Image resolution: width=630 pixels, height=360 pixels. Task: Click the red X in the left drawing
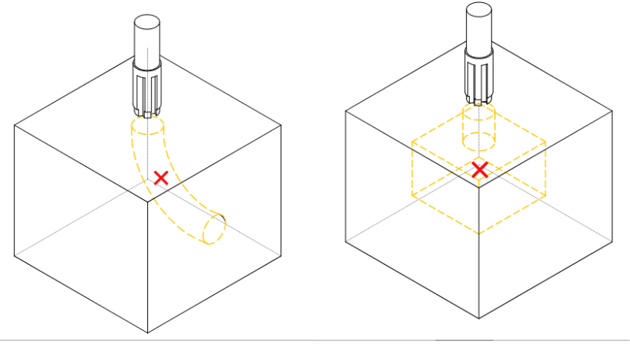(x=161, y=178)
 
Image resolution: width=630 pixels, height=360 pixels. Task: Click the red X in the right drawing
(x=480, y=170)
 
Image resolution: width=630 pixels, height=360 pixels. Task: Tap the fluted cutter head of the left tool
(x=146, y=91)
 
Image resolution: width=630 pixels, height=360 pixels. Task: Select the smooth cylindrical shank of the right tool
(x=480, y=27)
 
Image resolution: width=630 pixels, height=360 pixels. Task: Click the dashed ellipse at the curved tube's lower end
(x=214, y=228)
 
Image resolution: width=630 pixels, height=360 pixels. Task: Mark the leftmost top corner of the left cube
(x=14, y=123)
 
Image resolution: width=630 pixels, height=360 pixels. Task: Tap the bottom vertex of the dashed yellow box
(x=480, y=234)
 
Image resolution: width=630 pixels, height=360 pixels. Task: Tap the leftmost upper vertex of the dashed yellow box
(x=412, y=142)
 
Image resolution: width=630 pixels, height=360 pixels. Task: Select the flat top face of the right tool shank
(x=480, y=8)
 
